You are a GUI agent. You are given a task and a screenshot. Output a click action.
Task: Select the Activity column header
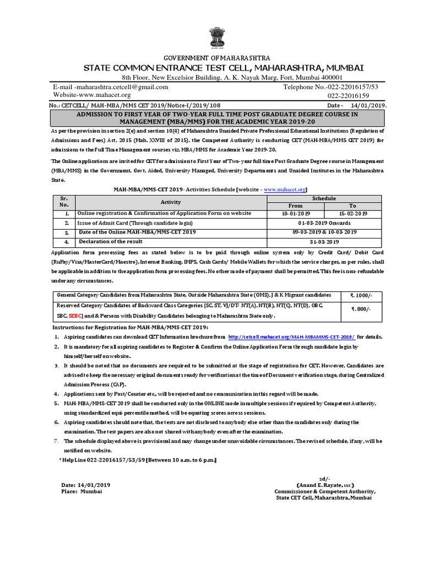[x=171, y=202]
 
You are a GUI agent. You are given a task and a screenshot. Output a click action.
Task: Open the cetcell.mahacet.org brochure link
[x=291, y=337]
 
